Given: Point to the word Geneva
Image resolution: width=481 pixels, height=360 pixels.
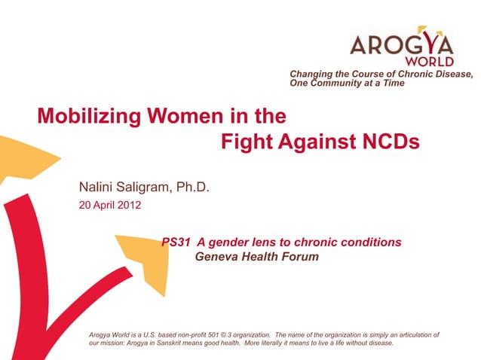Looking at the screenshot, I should click(x=216, y=257).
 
